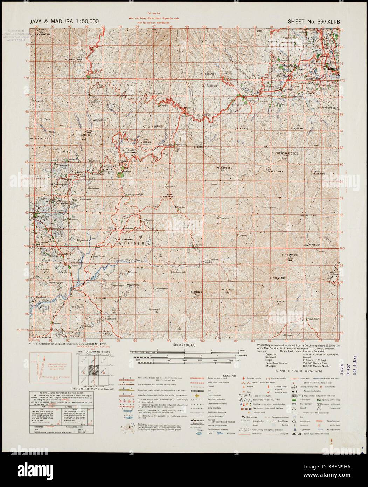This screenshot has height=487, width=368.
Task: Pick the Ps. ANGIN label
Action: (x=227, y=290)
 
